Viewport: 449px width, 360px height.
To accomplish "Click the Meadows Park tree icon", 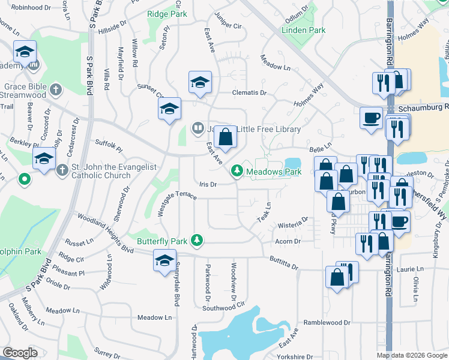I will pyautogui.click(x=238, y=172).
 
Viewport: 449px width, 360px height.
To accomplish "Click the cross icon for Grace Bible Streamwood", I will pyautogui.click(x=56, y=91).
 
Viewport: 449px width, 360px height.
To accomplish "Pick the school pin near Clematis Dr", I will pyautogui.click(x=200, y=83).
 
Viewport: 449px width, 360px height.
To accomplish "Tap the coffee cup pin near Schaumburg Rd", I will pyautogui.click(x=371, y=117).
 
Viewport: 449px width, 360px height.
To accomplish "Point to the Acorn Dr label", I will pyautogui.click(x=288, y=241).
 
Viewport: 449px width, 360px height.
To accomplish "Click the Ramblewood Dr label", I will pyautogui.click(x=327, y=322).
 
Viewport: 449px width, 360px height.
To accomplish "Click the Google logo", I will pyautogui.click(x=20, y=353).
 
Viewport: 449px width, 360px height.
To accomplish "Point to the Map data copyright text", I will pyautogui.click(x=412, y=355).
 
